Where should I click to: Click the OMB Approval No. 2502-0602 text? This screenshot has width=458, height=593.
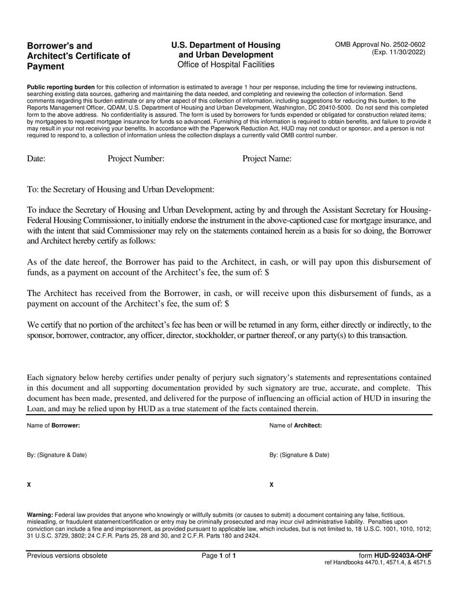click(380, 44)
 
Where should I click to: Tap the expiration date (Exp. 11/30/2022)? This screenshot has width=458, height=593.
click(398, 52)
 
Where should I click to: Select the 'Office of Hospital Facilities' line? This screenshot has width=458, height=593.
click(226, 65)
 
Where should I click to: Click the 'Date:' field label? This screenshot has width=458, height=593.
click(36, 159)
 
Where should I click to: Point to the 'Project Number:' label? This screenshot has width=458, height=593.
click(136, 159)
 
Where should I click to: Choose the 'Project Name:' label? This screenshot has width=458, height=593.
click(267, 159)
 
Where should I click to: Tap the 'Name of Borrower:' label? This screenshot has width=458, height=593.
click(54, 426)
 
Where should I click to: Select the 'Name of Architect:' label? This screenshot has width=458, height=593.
click(296, 426)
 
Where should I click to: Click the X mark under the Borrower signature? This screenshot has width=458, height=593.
click(29, 485)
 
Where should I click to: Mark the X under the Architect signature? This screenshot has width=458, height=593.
click(271, 485)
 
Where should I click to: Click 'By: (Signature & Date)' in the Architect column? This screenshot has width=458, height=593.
click(299, 455)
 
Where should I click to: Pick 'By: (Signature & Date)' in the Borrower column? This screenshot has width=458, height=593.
click(57, 455)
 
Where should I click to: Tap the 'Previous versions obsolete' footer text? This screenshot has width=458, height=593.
click(67, 555)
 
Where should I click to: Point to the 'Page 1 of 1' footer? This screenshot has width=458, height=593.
click(219, 555)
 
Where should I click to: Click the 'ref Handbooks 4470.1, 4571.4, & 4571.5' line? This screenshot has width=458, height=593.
click(378, 563)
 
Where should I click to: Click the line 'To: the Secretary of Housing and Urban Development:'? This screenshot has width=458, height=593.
click(121, 189)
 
